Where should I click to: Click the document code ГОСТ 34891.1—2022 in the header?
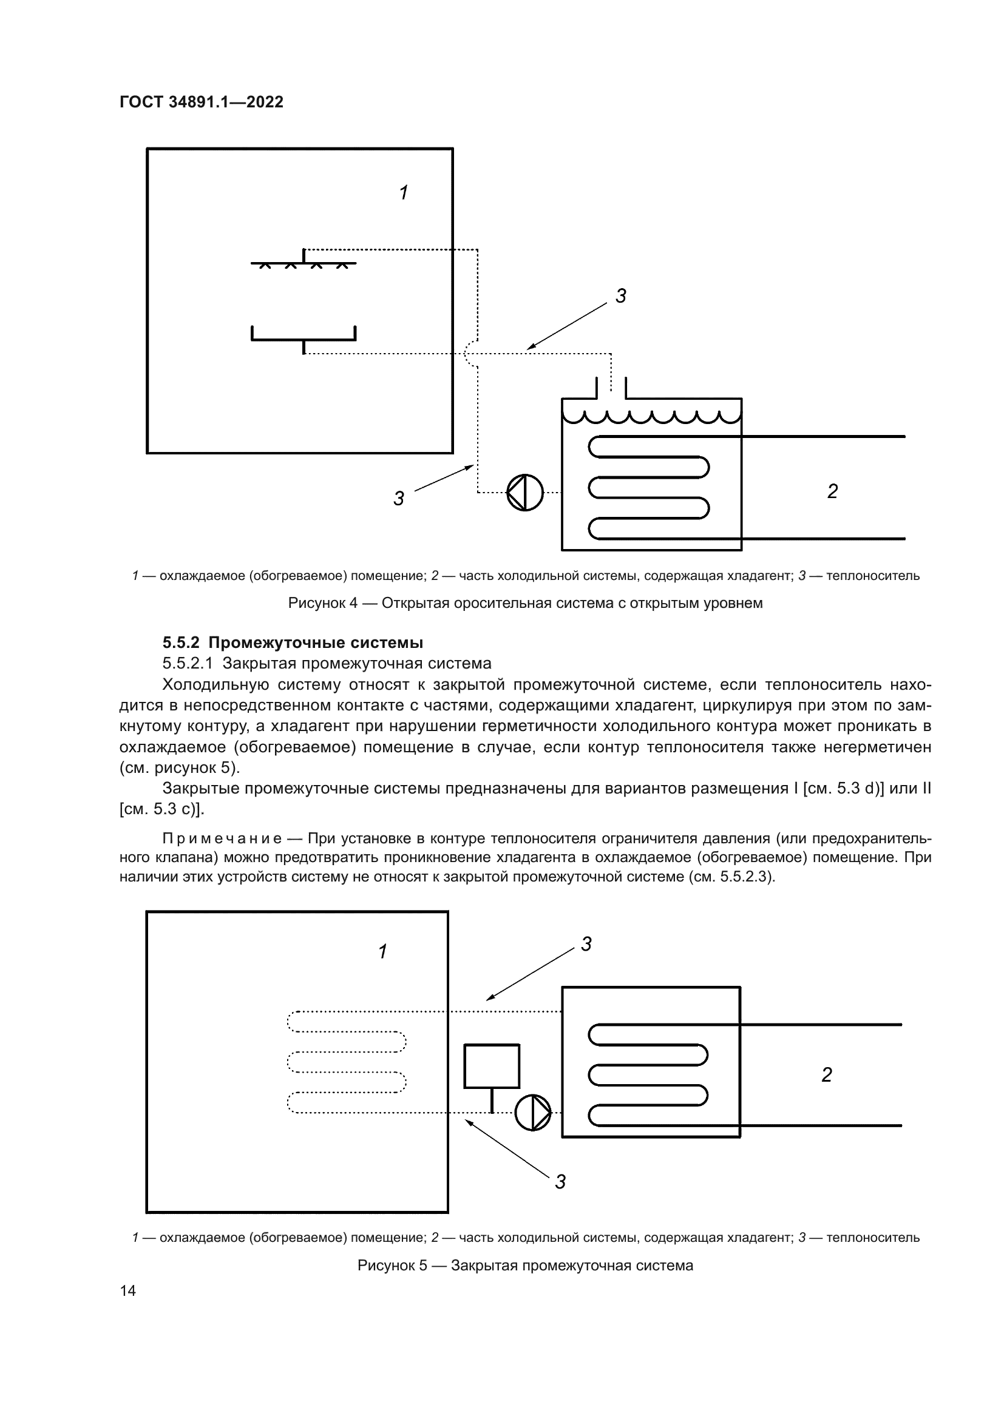(x=201, y=102)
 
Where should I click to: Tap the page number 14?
(x=128, y=1290)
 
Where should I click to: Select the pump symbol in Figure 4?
(x=525, y=493)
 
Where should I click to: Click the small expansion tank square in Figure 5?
(x=492, y=1065)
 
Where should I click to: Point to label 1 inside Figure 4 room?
(x=404, y=193)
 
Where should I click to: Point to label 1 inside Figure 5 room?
(x=382, y=951)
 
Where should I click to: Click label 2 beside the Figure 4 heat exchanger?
(x=832, y=491)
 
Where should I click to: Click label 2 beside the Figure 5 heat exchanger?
(x=827, y=1075)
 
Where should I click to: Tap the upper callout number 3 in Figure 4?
(x=621, y=296)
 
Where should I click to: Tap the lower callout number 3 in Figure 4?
(x=399, y=498)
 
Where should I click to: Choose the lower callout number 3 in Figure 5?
(x=560, y=1182)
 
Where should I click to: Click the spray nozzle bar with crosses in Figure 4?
(x=303, y=264)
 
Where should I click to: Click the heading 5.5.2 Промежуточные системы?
(x=293, y=642)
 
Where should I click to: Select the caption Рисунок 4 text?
(x=525, y=602)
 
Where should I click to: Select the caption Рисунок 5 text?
(x=525, y=1265)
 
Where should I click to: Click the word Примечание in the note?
(x=222, y=838)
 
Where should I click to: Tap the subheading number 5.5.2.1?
(x=188, y=663)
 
